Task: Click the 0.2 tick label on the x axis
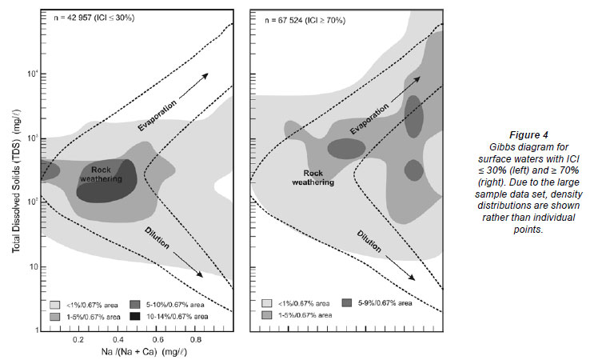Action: coord(78,339)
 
